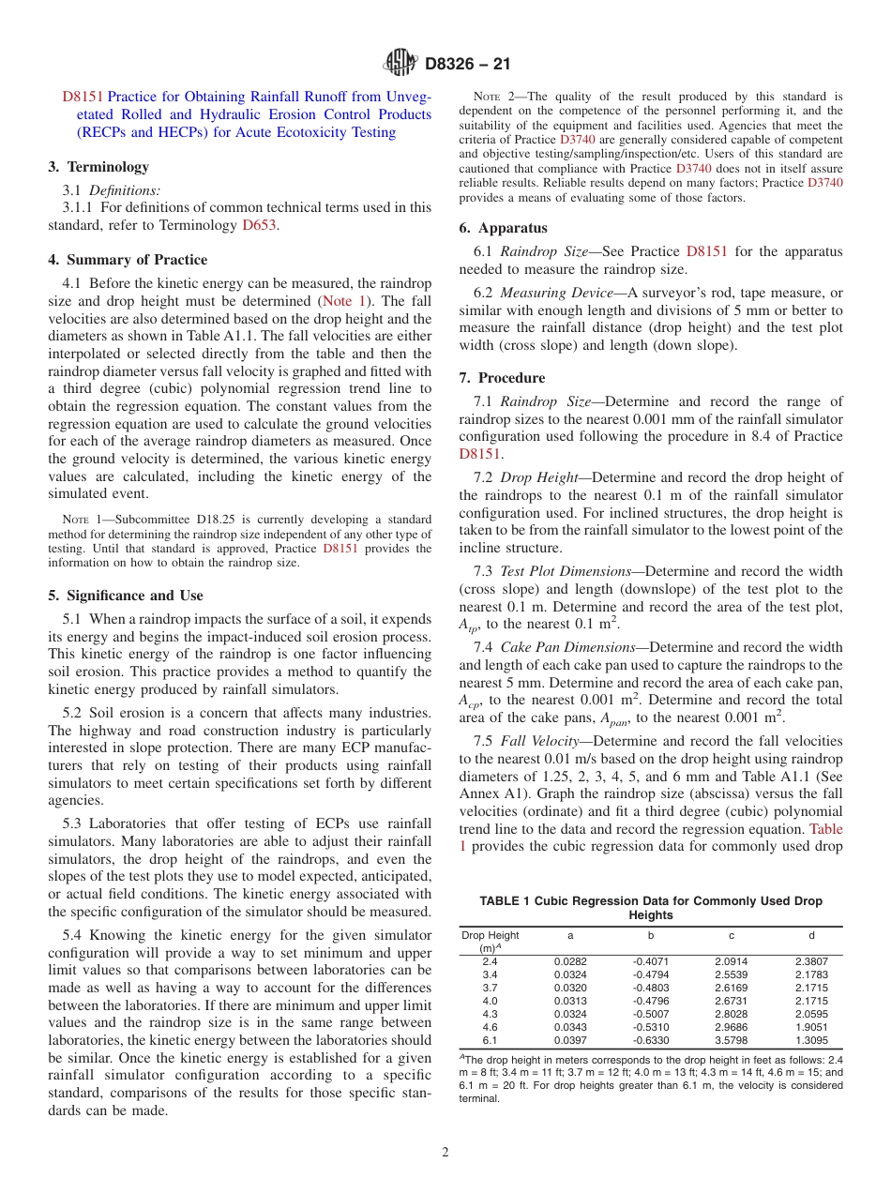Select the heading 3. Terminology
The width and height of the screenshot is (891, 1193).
[x=98, y=167]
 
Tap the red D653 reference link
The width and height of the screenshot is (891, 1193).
[x=259, y=225]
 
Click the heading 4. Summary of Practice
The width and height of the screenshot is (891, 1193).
[x=128, y=260]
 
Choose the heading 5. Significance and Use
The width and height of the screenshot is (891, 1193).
[x=126, y=596]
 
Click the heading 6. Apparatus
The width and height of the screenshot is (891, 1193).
[x=503, y=228]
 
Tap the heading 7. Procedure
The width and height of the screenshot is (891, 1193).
[x=502, y=378]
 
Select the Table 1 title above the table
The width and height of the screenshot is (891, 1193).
[x=650, y=907]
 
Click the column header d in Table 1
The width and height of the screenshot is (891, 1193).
[x=811, y=935]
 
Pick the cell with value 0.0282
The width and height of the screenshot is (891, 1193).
[x=569, y=961]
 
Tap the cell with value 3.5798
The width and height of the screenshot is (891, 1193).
[x=731, y=1040]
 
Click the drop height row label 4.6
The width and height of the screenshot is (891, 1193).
[x=490, y=1027]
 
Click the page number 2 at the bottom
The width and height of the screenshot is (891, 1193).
[x=445, y=1153]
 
